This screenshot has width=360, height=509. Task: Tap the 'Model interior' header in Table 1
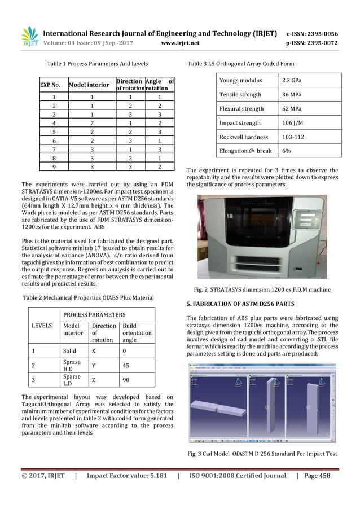tap(89, 85)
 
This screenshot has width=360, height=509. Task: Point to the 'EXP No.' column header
tap(50, 85)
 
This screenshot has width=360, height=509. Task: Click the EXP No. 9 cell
tap(54, 167)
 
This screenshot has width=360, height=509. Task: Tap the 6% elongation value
tap(287, 151)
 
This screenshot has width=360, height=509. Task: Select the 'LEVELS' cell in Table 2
tap(46, 326)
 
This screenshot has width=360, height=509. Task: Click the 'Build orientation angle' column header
tap(137, 333)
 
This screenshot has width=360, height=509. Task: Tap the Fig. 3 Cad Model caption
tap(261, 454)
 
